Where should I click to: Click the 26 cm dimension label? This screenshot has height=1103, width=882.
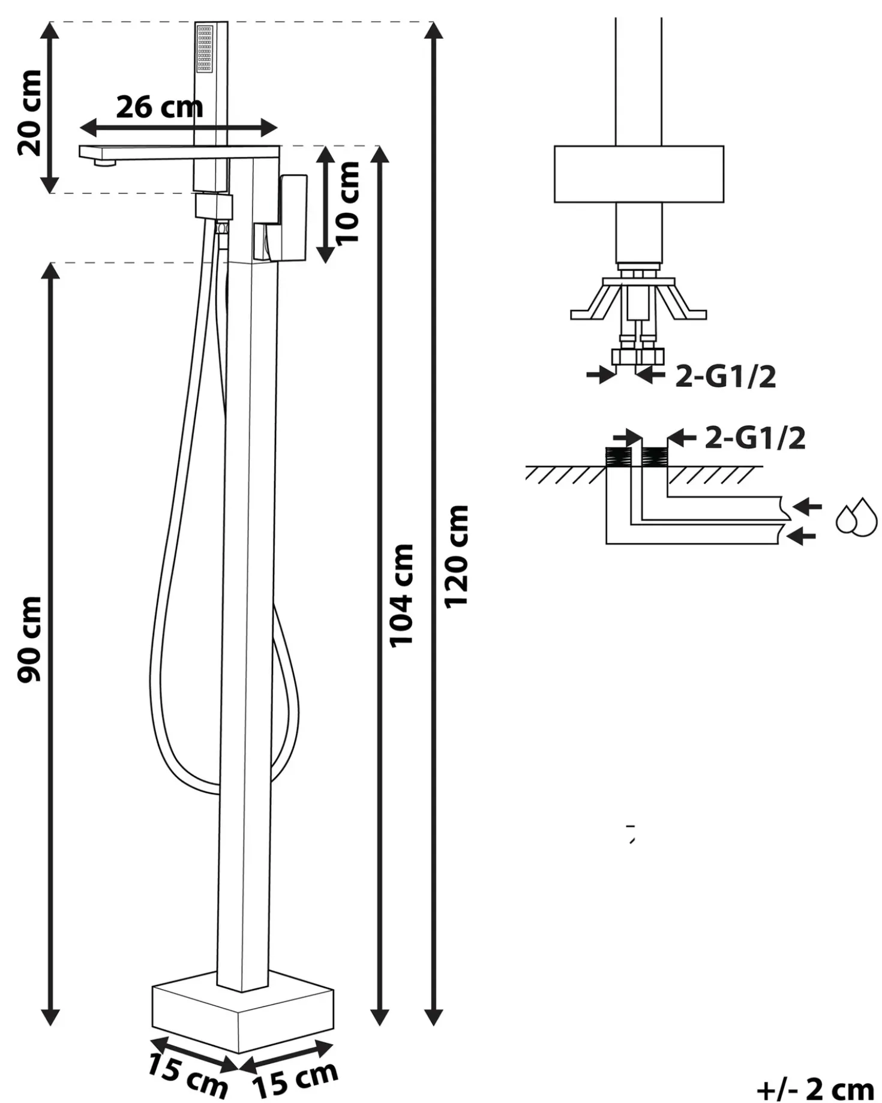160,107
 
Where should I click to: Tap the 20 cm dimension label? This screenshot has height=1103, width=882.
30,113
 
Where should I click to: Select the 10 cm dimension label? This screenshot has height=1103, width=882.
348,203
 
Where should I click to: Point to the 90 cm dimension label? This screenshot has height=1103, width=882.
30,639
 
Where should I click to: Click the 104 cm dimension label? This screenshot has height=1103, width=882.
402,596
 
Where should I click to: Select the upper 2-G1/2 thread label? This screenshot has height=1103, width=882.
726,377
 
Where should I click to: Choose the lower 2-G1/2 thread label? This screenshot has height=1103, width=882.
755,438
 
